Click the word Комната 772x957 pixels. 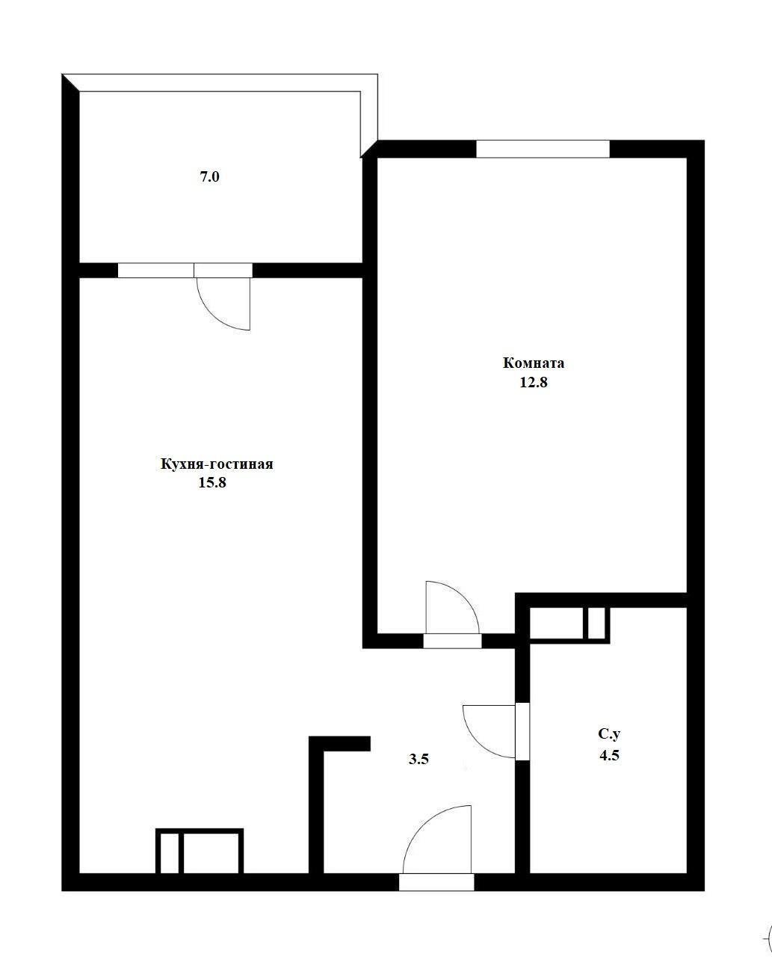pos(533,363)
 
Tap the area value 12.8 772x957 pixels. pos(534,382)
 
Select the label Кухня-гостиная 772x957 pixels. pos(217,464)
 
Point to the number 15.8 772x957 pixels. pos(212,482)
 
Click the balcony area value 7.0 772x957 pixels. pos(210,176)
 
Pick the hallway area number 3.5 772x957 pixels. pos(419,759)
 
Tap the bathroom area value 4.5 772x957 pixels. pos(609,755)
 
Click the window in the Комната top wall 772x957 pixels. pos(543,150)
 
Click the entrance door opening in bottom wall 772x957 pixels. pos(436,882)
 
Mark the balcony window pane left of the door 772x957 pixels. pos(156,271)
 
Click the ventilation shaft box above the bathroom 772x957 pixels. pos(569,624)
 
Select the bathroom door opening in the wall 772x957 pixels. pos(522,732)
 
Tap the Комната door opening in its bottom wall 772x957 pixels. pos(452,641)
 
